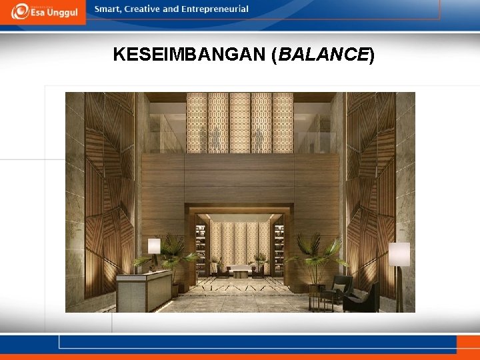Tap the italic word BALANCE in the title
[x=323, y=55]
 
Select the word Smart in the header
[x=108, y=9]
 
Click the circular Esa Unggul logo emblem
[x=19, y=11]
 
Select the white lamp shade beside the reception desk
[x=154, y=245]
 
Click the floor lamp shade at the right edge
[x=399, y=254]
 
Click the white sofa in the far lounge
[x=240, y=269]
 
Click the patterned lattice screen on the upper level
[x=239, y=123]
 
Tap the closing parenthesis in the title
[x=372, y=55]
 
